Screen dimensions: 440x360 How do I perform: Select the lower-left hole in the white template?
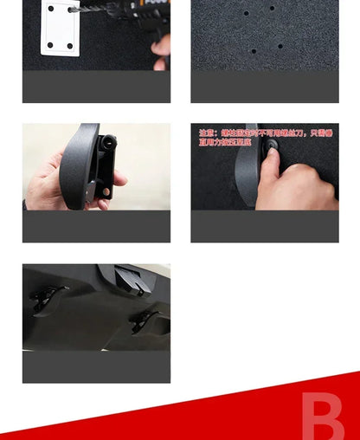tap(50, 44)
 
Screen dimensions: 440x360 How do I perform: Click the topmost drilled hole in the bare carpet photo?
tap(272, 9)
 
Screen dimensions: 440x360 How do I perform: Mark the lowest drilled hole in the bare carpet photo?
tap(254, 51)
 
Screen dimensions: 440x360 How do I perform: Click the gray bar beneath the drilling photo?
tap(96, 87)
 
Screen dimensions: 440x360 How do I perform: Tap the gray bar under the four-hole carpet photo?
tap(265, 87)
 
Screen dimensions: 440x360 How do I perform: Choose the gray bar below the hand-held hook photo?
tap(96, 226)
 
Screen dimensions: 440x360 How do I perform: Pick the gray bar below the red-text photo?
tap(265, 226)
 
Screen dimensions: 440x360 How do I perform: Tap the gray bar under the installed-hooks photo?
tap(96, 366)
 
